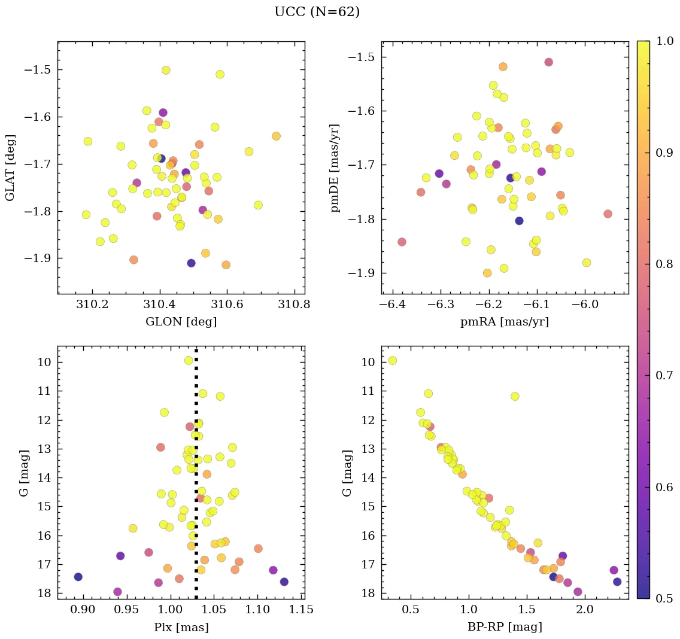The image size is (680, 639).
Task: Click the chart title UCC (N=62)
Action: click(x=317, y=12)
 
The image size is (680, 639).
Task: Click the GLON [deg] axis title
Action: click(x=181, y=322)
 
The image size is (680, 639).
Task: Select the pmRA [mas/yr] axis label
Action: click(x=504, y=322)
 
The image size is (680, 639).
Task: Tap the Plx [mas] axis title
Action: click(x=181, y=628)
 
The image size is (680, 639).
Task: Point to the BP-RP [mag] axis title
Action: click(x=504, y=628)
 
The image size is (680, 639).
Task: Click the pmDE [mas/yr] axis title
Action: click(x=335, y=168)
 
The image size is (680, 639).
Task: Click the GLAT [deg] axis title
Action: click(x=10, y=168)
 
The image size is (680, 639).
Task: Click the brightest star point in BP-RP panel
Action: click(x=392, y=360)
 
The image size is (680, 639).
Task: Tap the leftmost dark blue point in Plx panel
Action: click(x=78, y=577)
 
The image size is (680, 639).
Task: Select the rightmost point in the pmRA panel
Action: click(x=608, y=214)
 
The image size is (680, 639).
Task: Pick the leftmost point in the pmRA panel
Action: click(x=402, y=242)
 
